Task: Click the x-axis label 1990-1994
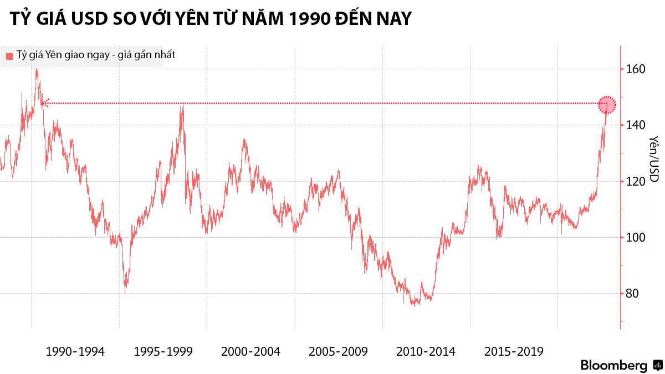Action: pyautogui.click(x=75, y=351)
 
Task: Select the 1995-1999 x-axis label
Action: pyautogui.click(x=163, y=351)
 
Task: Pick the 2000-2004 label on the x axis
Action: pyautogui.click(x=250, y=351)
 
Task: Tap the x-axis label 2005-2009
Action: pyautogui.click(x=338, y=351)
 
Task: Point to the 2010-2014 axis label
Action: pyautogui.click(x=426, y=351)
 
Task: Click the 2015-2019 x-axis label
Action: pyautogui.click(x=514, y=351)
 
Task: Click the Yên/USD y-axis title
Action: pyautogui.click(x=654, y=159)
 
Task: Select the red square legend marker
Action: pyautogui.click(x=9, y=56)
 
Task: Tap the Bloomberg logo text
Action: pyautogui.click(x=614, y=365)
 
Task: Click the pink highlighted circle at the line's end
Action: pyautogui.click(x=607, y=104)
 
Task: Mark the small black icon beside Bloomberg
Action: pyautogui.click(x=658, y=365)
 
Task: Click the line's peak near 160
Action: pyautogui.click(x=37, y=70)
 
